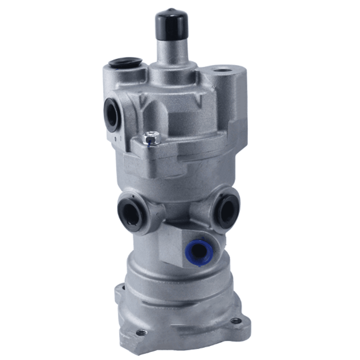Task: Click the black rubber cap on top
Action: coord(172,25)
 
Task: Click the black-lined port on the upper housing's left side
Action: coord(112,114)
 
